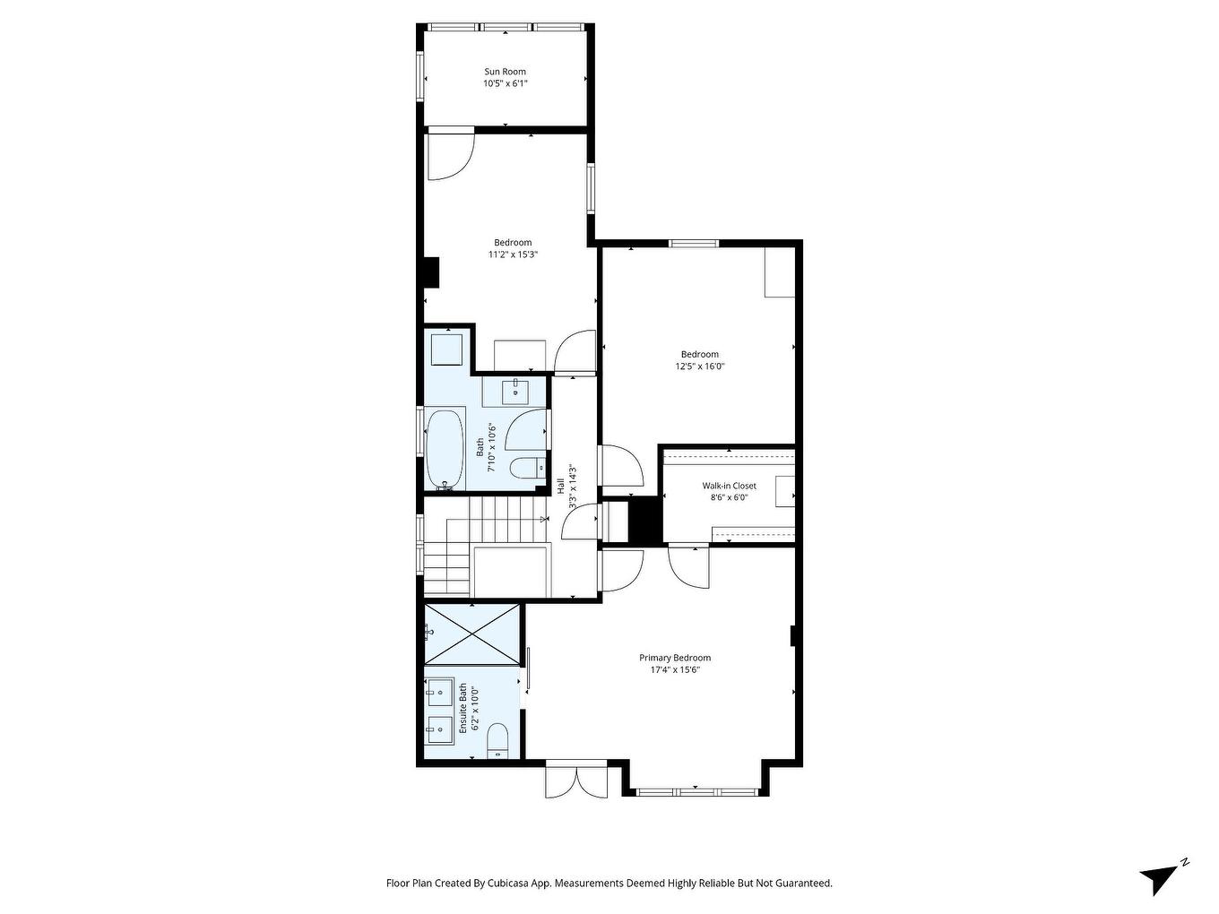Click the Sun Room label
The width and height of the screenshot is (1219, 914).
tap(505, 72)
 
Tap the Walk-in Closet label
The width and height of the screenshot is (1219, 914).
tap(729, 486)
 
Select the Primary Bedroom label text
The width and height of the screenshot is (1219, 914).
tap(674, 658)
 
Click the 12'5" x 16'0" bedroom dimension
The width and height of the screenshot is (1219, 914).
tap(699, 366)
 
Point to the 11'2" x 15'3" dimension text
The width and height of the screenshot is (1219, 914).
tap(513, 254)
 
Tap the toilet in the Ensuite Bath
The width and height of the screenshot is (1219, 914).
tap(497, 742)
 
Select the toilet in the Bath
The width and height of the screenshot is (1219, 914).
tap(524, 467)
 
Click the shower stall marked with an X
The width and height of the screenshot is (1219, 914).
tap(471, 634)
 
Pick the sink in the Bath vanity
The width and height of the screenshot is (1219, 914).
tap(516, 390)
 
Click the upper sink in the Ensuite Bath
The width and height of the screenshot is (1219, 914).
tap(439, 689)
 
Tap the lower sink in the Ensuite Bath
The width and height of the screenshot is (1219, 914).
tap(439, 728)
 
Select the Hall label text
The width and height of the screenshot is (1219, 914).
tap(561, 487)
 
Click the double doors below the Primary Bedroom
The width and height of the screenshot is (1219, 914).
tap(576, 779)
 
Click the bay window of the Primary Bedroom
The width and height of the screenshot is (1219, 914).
tap(696, 791)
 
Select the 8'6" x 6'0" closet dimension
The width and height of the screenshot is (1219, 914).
tap(729, 497)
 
